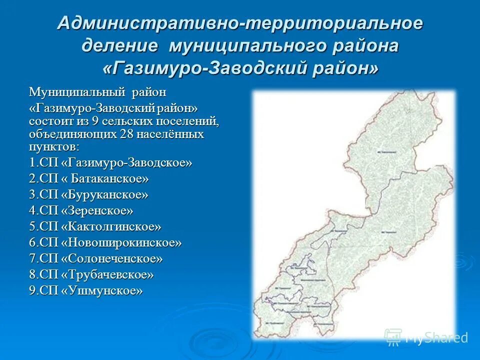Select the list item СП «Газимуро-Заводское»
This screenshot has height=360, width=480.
click(110, 162)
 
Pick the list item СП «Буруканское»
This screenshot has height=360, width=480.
click(88, 194)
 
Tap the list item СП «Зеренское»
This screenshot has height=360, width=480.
click(81, 210)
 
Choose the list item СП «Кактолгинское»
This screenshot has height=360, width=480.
click(95, 226)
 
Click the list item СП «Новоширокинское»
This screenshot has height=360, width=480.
click(105, 242)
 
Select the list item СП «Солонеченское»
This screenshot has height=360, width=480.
click(96, 258)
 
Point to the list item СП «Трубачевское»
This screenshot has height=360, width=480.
click(91, 274)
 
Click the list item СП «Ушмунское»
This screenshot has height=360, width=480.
click(85, 290)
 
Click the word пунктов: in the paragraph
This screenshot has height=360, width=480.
click(53, 146)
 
